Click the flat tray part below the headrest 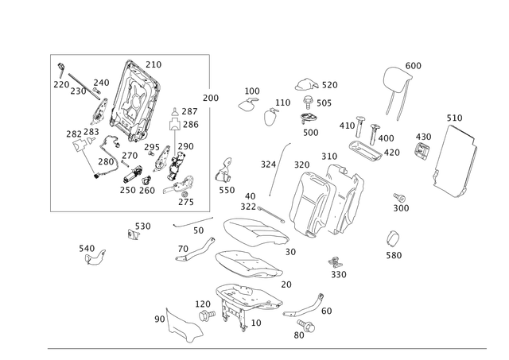pyautogui.click(x=367, y=148)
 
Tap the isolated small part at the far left pyautogui.click(x=94, y=253)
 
